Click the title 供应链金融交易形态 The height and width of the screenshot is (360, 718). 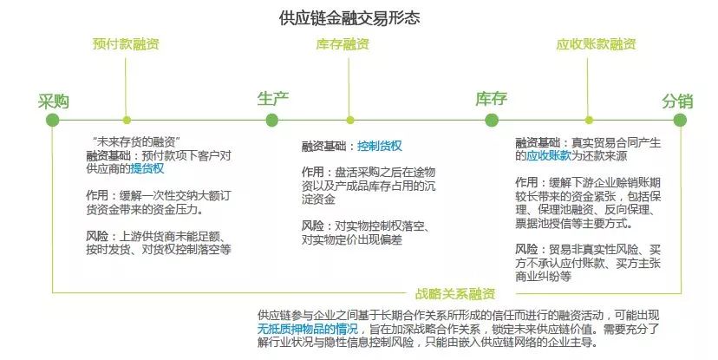tap(349, 18)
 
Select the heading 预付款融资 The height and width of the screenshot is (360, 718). tap(126, 44)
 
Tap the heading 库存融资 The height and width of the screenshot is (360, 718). tap(343, 44)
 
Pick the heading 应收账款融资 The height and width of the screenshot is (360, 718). tap(597, 44)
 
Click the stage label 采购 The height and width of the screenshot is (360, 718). tap(54, 101)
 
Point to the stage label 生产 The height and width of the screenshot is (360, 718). tap(273, 99)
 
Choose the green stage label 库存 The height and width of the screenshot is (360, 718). tap(492, 99)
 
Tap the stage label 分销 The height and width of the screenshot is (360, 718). tap(678, 101)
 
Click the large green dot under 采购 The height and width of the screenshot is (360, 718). tap(53, 121)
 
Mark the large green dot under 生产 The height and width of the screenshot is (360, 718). tap(272, 121)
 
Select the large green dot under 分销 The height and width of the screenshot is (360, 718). tap(680, 121)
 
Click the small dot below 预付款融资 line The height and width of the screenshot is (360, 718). tap(127, 121)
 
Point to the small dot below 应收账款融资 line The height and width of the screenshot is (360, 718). tap(589, 121)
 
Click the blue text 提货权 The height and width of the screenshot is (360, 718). tap(147, 168)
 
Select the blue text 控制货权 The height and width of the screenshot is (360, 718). tap(380, 146)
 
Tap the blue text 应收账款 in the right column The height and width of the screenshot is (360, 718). tap(549, 156)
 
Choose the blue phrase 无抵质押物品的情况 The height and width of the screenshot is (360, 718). tap(308, 329)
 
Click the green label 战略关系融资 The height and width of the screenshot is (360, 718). tap(455, 294)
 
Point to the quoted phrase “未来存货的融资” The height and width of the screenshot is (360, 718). tap(136, 142)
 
